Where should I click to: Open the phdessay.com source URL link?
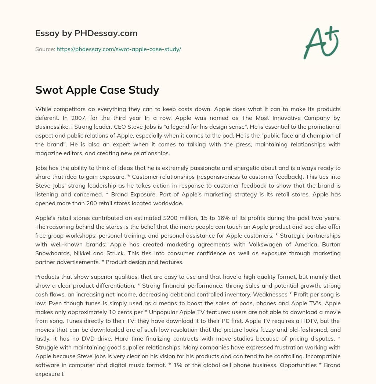pos(119,49)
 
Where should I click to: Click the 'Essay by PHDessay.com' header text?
pos(86,33)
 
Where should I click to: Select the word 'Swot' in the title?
pos(47,90)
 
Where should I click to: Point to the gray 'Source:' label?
pos(45,49)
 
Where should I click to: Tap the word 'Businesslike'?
pos(53,127)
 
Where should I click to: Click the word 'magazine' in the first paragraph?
pos(49,153)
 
